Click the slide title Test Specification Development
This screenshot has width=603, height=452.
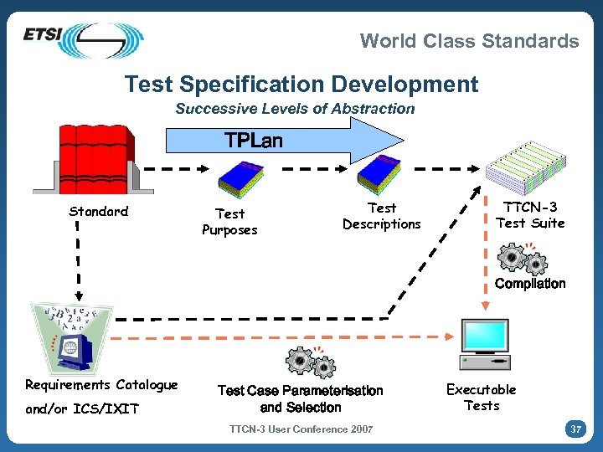[x=301, y=84]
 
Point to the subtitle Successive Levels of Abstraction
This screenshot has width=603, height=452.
[x=295, y=108]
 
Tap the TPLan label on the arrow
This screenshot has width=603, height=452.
[x=254, y=140]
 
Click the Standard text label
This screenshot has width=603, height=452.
[x=99, y=211]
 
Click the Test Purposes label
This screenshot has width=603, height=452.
[x=229, y=222]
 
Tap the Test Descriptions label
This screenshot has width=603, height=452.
[x=382, y=216]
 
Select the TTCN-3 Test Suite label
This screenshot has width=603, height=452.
[x=530, y=214]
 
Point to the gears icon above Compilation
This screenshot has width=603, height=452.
[x=523, y=259]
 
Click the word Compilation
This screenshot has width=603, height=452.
[x=530, y=283]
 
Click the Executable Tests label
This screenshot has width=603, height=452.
[x=482, y=397]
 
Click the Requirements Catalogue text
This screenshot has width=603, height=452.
[x=101, y=385]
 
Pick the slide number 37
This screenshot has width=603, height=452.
[x=575, y=429]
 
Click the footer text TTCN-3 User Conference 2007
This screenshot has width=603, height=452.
[x=301, y=429]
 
